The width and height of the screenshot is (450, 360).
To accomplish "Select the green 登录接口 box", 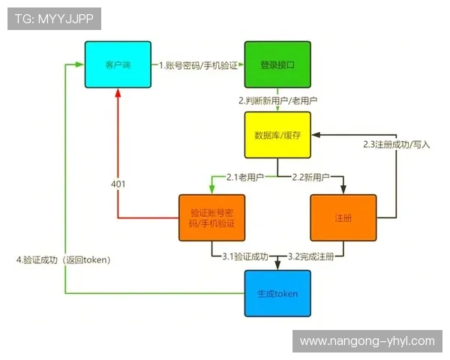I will (277, 64).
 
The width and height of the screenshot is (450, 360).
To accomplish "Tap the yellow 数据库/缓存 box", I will (277, 135).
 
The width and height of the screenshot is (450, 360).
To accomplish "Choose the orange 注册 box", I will (343, 217).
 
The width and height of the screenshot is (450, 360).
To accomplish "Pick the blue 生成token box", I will (277, 292).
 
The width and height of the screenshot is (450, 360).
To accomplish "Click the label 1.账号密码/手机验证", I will (197, 65).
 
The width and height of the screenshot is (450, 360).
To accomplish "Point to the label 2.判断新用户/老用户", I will (277, 100).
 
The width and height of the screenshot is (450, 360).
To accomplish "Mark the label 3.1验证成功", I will (245, 256).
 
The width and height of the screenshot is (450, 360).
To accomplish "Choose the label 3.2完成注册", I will (311, 256).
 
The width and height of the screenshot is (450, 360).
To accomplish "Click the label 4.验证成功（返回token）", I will (64, 260).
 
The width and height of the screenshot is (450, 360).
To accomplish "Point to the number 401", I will (118, 184).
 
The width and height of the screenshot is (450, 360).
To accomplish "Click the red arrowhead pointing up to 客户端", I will (118, 93).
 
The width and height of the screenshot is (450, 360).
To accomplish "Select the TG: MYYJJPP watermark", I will (54, 19).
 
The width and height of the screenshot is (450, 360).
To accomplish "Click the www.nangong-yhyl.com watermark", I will (367, 341).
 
